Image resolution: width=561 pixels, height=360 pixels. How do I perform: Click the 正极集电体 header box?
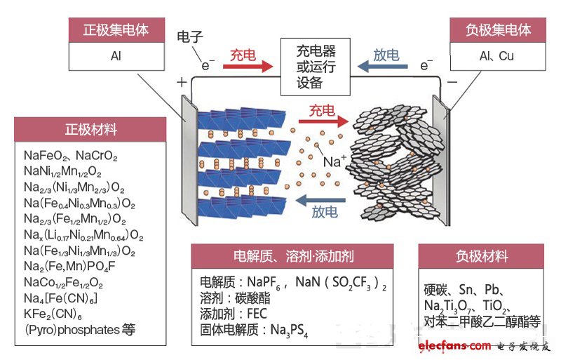tap(116, 30)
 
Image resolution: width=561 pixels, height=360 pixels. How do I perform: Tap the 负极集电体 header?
tap(498, 30)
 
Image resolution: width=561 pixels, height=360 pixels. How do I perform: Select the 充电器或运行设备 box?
tap(315, 67)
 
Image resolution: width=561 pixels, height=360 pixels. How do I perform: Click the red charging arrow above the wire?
tap(248, 66)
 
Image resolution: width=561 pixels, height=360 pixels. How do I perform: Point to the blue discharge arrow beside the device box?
tap(382, 66)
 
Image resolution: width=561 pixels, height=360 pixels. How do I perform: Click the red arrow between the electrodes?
tap(323, 121)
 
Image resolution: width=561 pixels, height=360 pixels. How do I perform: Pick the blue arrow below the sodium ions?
tap(320, 200)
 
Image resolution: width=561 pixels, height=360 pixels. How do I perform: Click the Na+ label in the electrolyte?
tap(335, 161)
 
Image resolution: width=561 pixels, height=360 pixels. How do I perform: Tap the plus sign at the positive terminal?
tap(182, 82)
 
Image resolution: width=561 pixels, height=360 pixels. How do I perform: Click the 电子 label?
tap(190, 37)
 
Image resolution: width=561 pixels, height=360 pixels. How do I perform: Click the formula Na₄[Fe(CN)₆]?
tap(60, 298)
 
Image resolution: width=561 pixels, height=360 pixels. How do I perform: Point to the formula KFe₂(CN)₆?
tap(53, 314)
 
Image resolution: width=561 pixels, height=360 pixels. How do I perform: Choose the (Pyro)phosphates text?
tap(72, 330)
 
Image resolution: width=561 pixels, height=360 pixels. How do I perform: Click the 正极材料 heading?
tap(91, 129)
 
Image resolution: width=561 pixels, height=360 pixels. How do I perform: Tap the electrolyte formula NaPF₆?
tap(264, 282)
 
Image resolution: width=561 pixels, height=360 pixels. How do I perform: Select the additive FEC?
tap(257, 314)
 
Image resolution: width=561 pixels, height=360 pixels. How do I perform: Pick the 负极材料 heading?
tap(482, 256)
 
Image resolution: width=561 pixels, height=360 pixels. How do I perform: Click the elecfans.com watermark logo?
tap(454, 346)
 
